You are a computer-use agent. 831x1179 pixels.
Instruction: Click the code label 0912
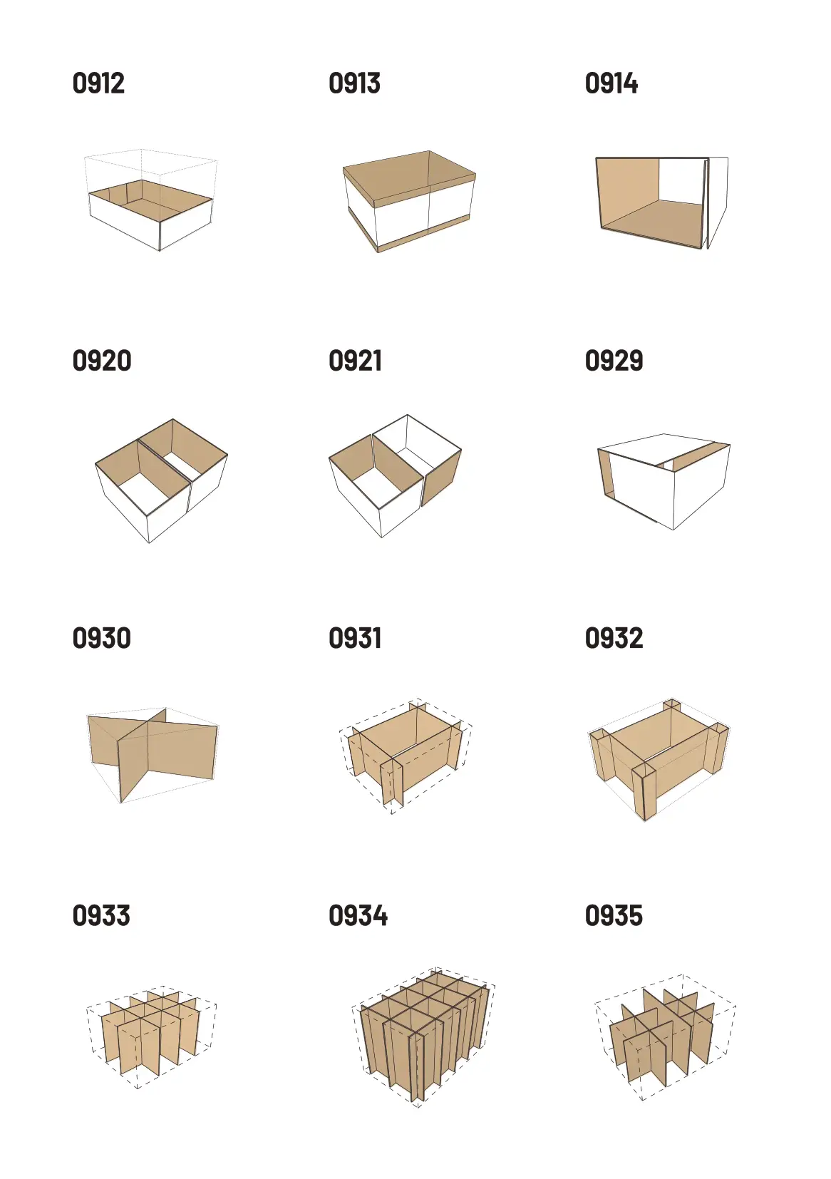pyautogui.click(x=98, y=83)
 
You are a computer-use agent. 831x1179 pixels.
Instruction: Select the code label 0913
pyautogui.click(x=354, y=83)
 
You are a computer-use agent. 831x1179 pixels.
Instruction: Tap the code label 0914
pyautogui.click(x=611, y=83)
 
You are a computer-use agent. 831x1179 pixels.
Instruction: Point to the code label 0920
pyautogui.click(x=102, y=361)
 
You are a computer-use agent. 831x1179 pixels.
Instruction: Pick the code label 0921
pyautogui.click(x=355, y=361)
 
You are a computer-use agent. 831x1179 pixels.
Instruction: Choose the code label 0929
pyautogui.click(x=614, y=361)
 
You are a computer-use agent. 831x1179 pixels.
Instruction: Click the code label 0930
pyautogui.click(x=102, y=638)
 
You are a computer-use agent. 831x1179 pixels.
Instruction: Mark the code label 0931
pyautogui.click(x=355, y=638)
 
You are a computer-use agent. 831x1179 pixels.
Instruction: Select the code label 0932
pyautogui.click(x=614, y=638)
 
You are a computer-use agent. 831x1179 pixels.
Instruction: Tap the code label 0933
pyautogui.click(x=101, y=915)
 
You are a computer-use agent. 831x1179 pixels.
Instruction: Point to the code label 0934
pyautogui.click(x=358, y=915)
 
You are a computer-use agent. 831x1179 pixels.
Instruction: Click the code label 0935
pyautogui.click(x=614, y=915)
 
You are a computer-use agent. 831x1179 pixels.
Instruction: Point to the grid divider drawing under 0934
pyautogui.click(x=424, y=1038)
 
